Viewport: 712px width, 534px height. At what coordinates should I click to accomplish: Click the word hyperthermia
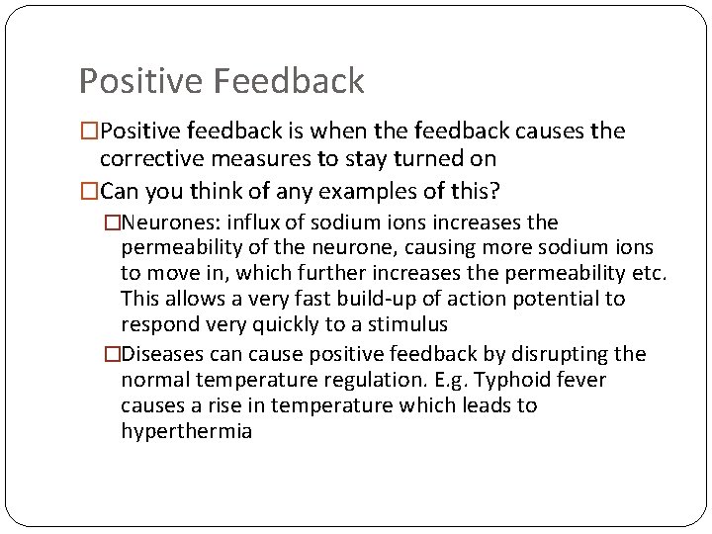[186, 431]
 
